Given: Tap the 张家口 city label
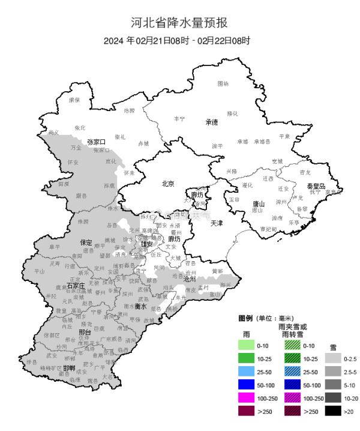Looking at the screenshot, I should tap(96, 142).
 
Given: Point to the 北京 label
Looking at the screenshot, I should tap(168, 184).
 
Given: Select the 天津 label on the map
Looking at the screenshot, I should tap(217, 223).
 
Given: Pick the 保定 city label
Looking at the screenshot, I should tap(86, 243).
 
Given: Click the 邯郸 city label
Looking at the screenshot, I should tap(68, 368).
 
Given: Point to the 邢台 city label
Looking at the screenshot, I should tap(84, 332).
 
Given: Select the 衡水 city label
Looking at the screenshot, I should tap(140, 306).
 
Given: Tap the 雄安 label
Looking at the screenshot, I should tap(147, 244).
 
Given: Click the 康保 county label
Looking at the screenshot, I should tap(74, 100).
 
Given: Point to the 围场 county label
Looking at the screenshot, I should tap(223, 83).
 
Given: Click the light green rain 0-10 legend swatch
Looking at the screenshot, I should tap(247, 346).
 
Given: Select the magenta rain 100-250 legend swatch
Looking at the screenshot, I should tap(247, 398).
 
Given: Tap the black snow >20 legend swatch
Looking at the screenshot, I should tap(334, 411).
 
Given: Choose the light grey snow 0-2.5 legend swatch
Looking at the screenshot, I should tap(334, 359).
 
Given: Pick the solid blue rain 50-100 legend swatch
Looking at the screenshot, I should tap(247, 385).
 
